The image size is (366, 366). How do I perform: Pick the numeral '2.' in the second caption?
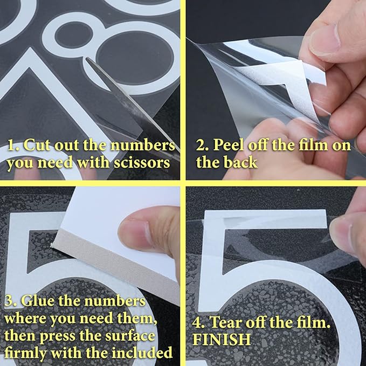[203, 145]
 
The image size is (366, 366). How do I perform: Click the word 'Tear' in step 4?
[227, 322]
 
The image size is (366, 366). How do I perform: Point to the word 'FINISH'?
[222, 340]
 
